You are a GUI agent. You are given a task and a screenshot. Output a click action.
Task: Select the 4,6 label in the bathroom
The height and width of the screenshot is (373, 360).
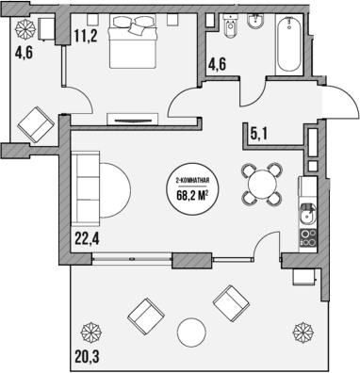[218, 67]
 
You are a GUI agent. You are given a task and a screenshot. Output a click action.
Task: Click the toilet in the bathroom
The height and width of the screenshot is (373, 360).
[253, 22]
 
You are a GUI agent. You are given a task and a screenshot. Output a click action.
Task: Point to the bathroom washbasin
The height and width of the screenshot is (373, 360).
[226, 24]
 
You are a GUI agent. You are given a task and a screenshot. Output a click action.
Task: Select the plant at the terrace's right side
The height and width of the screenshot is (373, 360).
[303, 332]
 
